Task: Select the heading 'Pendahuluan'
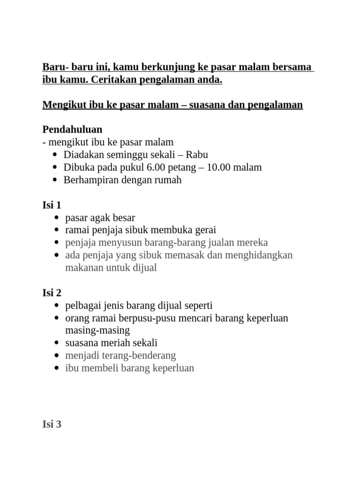tap(72, 129)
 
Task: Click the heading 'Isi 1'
tap(52, 205)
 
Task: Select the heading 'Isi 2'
tap(52, 293)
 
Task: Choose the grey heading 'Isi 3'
tap(52, 425)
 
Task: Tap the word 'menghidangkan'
tap(259, 255)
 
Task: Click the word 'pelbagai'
tap(82, 306)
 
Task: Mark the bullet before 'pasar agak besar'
tap(57, 218)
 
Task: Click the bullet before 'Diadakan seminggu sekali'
tap(55, 155)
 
